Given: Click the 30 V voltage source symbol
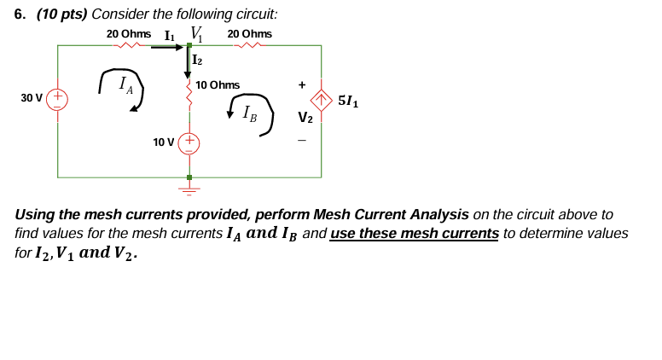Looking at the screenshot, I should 58,98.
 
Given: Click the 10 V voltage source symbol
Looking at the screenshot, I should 189,142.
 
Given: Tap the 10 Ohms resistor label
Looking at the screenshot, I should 218,85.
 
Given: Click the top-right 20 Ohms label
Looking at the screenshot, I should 250,33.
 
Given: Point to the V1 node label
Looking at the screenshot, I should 196,33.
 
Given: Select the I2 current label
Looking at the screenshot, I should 198,60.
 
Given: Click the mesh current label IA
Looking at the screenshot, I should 125,84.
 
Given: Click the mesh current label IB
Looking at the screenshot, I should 249,112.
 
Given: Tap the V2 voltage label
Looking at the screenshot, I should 305,118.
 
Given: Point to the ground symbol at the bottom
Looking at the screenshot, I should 189,186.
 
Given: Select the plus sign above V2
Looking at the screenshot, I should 302,84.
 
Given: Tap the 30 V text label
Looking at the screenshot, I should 32,98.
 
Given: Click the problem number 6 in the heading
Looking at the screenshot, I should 20,15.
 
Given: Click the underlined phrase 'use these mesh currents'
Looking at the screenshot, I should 415,233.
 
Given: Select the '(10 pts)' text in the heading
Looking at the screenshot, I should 61,15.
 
